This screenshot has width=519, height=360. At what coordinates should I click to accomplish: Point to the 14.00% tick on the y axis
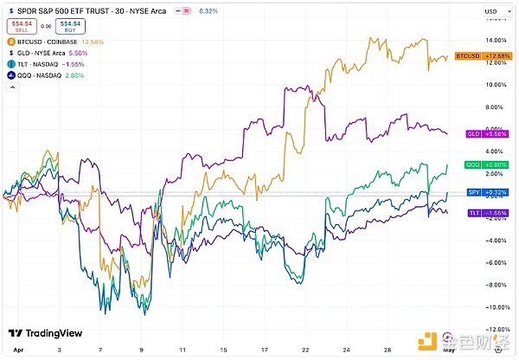point(496,40)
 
